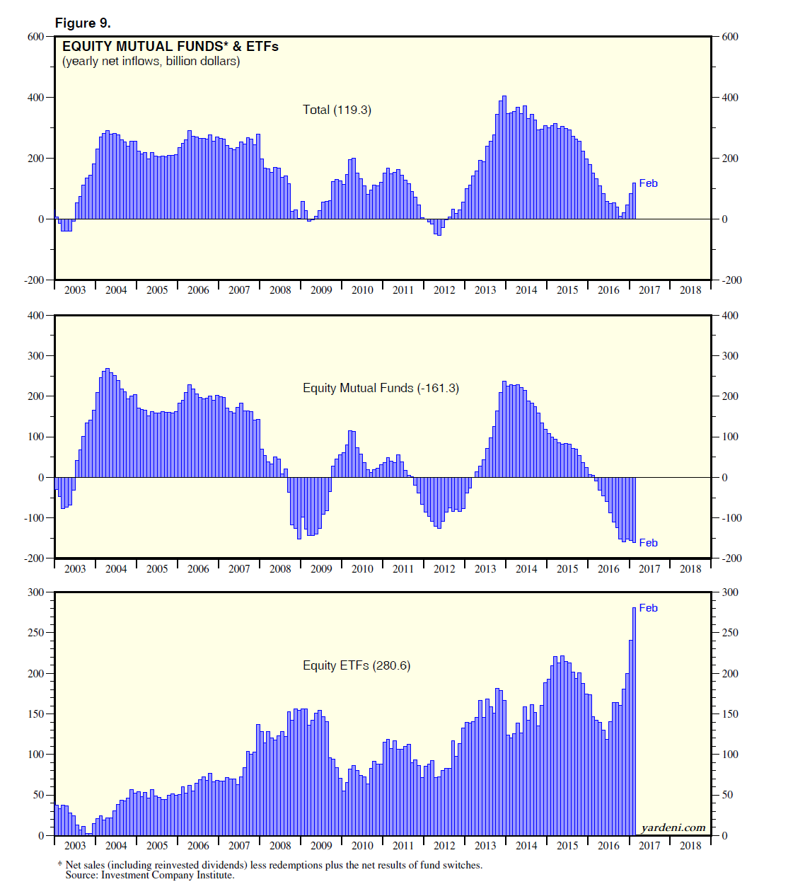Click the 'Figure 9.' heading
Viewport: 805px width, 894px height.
[83, 23]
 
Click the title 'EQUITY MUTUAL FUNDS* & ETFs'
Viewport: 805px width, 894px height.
[170, 47]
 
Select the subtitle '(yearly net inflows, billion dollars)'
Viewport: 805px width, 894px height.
[151, 62]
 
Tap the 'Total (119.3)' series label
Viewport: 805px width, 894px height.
[337, 110]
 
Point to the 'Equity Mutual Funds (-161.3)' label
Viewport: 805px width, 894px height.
[381, 388]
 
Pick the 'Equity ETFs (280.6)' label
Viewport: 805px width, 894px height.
[357, 665]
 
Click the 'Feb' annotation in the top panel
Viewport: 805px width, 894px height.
[648, 183]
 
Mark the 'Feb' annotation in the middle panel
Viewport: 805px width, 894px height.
[648, 543]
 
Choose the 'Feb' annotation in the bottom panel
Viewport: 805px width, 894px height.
[648, 608]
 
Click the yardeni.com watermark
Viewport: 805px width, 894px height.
[673, 827]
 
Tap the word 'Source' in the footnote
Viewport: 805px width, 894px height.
[81, 875]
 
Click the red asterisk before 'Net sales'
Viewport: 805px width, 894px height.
[60, 865]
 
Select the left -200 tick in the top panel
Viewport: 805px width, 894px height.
[34, 280]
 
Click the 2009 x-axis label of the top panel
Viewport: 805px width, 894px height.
[321, 290]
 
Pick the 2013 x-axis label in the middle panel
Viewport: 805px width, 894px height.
[485, 568]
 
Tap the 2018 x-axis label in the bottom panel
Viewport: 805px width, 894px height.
[690, 845]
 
